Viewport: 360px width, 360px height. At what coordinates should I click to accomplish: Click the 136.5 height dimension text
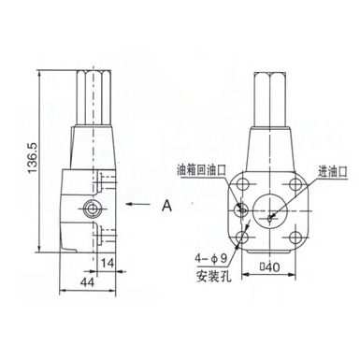coord(32,158)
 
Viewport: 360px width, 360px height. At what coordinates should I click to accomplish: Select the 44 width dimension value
coord(87,282)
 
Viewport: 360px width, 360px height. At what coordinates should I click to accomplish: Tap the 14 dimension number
coord(108,264)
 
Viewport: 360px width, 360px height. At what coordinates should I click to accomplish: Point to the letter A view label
coord(167,206)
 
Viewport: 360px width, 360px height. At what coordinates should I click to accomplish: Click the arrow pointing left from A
coord(137,204)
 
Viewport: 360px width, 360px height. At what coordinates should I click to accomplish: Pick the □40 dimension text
coord(270,266)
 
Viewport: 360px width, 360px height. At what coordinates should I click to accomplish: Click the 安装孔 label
coord(214,277)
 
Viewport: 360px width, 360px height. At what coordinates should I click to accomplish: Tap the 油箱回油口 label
coord(201,170)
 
